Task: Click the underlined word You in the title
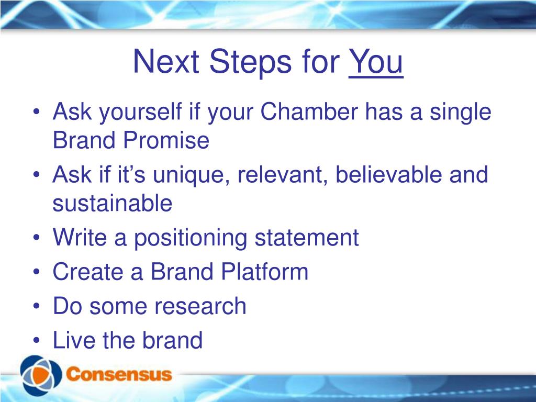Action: pos(376,62)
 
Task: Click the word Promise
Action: pos(166,140)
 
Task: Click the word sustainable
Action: pos(113,203)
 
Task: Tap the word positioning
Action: pos(191,238)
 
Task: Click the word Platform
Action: pos(264,272)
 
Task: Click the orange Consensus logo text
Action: pos(119,374)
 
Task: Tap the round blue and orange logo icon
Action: pos(41,375)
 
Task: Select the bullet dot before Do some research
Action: pos(37,306)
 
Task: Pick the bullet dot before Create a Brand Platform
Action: pos(37,272)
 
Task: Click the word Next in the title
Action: pos(166,62)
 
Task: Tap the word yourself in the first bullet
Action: pos(140,112)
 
